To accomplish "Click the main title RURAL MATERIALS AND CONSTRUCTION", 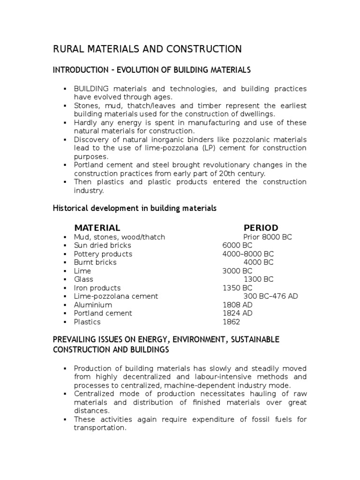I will point(147,49).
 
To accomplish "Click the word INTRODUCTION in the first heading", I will point(78,70).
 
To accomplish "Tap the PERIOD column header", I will point(261,228).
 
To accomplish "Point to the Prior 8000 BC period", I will point(268,237).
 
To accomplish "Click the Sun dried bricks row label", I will point(102,246).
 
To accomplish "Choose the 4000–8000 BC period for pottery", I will point(248,254).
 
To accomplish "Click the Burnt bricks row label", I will point(95,262).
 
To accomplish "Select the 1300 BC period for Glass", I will point(259,279).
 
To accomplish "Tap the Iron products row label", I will point(97,288).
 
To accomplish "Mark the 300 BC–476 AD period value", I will point(270,296).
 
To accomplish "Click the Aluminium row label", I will point(93,305).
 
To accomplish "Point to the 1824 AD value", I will point(237,313).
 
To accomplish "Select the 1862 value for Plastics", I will point(231,322).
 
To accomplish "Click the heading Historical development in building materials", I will point(135,208).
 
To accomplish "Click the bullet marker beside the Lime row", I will point(65,271).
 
